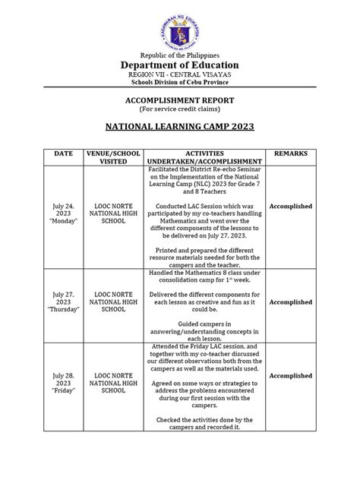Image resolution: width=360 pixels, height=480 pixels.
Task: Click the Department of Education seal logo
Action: point(180,28)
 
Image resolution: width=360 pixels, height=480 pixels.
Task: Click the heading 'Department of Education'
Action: point(180,65)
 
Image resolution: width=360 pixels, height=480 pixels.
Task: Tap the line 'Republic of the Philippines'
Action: point(180,55)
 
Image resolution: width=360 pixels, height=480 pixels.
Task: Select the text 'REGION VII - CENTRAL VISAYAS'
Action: point(180,75)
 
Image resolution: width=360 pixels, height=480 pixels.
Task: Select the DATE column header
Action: point(63,153)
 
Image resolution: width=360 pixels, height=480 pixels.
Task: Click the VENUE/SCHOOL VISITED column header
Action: point(114,157)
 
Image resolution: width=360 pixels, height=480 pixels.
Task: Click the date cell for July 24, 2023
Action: point(63,213)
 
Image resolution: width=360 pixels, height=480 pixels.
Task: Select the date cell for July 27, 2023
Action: point(63,302)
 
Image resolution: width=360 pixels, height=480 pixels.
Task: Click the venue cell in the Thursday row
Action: point(114,302)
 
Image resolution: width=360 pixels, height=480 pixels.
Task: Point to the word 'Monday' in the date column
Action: point(63,223)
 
